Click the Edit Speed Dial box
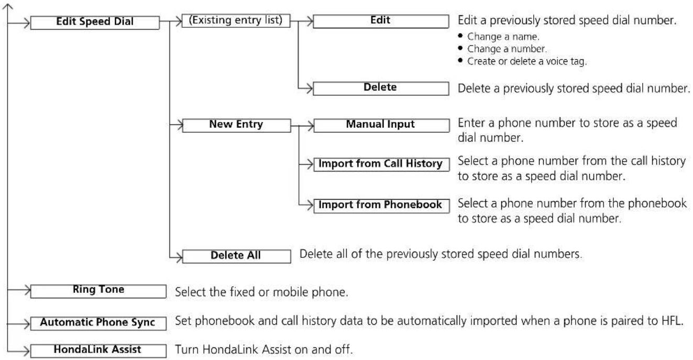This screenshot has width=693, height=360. coord(95,23)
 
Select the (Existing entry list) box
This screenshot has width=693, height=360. coord(236,21)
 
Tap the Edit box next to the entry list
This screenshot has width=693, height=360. coord(381,21)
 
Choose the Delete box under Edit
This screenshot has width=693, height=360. coord(381,88)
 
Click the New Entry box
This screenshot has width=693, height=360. coord(236,125)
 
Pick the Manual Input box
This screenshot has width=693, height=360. coord(381,125)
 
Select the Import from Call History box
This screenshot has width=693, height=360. coord(381,165)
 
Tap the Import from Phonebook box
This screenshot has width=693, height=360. coord(381,206)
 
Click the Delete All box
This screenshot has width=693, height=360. coord(236,256)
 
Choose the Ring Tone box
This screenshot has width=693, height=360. coord(98,291)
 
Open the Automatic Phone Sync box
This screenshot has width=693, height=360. coord(98,323)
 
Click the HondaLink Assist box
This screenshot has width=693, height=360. coord(98,351)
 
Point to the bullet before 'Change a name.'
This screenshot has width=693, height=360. coord(460,36)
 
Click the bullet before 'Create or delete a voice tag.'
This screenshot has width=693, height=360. coord(460,60)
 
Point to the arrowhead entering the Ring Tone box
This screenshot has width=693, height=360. coord(27,290)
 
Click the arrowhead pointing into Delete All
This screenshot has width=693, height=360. coord(179,257)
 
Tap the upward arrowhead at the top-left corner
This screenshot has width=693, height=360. coord(8,6)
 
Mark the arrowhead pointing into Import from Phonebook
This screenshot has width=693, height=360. coord(310,205)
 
